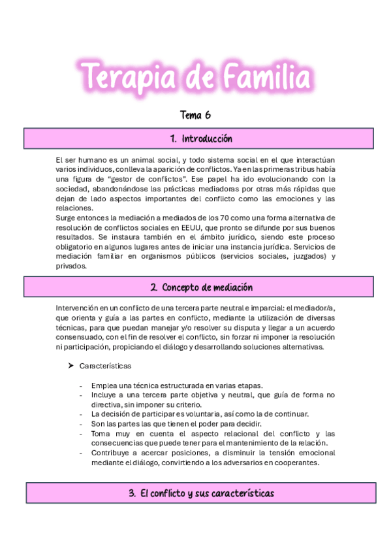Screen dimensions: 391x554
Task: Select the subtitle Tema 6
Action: click(x=195, y=115)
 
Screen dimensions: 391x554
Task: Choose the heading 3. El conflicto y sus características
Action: click(x=200, y=493)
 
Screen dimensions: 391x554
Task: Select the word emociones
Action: click(x=296, y=199)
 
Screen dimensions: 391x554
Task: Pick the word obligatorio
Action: click(x=76, y=246)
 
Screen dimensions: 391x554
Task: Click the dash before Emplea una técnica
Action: click(x=81, y=385)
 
